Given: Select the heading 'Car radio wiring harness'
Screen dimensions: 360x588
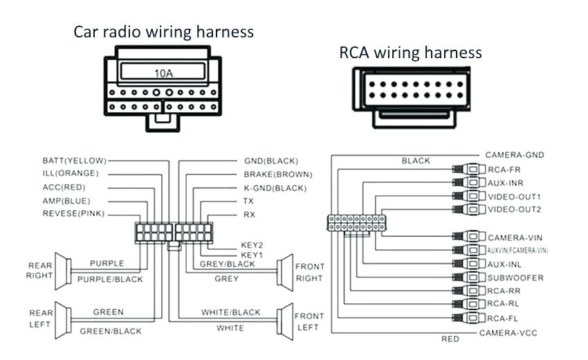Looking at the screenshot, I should (x=164, y=32).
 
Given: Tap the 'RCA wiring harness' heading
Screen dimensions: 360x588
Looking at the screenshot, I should (x=410, y=53).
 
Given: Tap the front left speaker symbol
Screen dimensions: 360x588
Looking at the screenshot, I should (x=284, y=320).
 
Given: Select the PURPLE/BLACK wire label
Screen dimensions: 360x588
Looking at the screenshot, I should (x=110, y=279).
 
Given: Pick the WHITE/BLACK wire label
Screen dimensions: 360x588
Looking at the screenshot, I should (x=231, y=313).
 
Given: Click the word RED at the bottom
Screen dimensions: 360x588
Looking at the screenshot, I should (x=450, y=339).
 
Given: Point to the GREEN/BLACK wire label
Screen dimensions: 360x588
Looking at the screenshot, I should (x=110, y=332).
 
